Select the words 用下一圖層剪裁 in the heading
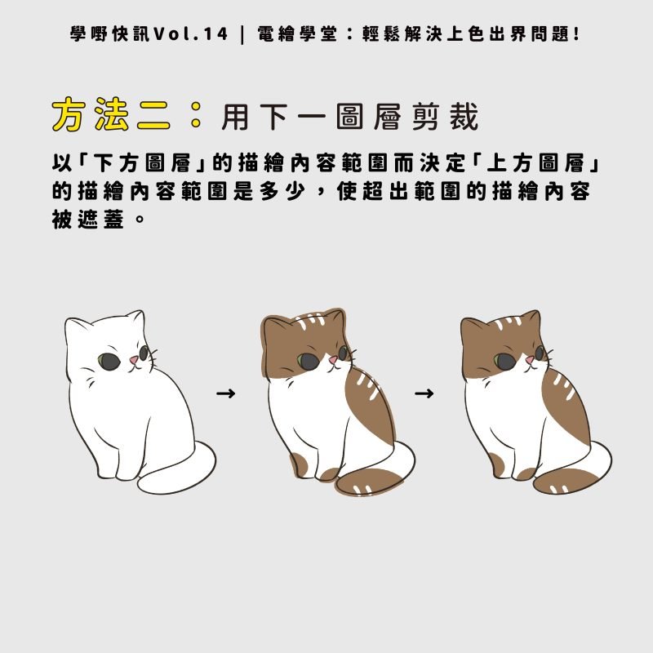[349, 118]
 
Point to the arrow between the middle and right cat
[424, 394]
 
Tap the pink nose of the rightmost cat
[530, 359]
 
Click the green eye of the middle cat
[306, 358]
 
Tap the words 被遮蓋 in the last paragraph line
[87, 220]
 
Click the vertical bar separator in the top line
[243, 35]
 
